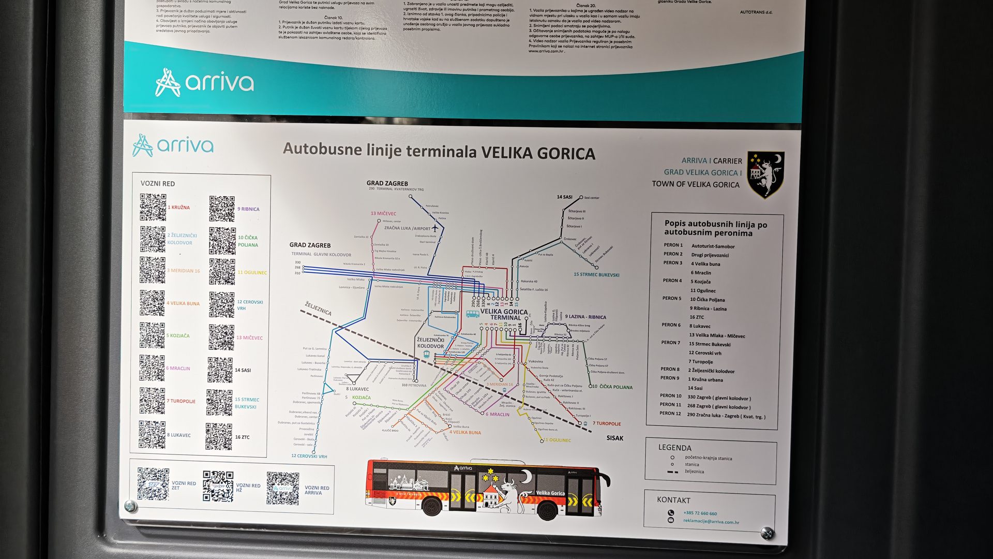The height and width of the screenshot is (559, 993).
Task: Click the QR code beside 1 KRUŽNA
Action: pos(153,207)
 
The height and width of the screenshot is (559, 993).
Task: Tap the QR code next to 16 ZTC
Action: pos(219,436)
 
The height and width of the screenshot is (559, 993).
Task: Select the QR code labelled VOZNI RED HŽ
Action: pos(218,486)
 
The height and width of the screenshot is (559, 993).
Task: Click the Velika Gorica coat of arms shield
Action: pos(765,174)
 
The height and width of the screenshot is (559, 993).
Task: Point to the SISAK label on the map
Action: pos(614,438)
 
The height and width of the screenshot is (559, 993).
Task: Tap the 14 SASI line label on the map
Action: pos(564,197)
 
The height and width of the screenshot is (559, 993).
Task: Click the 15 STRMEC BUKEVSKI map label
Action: pos(596,275)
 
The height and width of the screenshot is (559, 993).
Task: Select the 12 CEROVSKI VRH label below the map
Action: pos(309,456)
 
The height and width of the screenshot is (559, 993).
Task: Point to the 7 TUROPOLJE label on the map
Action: pos(606,423)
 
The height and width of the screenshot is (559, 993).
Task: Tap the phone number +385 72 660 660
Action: pos(700,513)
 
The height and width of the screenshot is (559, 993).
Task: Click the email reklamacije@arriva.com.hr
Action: pos(711,522)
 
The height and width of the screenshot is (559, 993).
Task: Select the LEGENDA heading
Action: pos(674,448)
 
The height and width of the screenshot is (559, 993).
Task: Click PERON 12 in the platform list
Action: pos(670,413)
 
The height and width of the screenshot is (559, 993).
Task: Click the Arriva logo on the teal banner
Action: pos(204,83)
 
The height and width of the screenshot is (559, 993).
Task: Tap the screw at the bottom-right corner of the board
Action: pos(767,533)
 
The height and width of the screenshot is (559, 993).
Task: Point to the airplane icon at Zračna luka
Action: pos(435,227)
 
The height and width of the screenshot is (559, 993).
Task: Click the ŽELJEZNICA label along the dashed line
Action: pos(318,308)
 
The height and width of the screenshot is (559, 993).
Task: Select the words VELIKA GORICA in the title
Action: pos(538,154)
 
